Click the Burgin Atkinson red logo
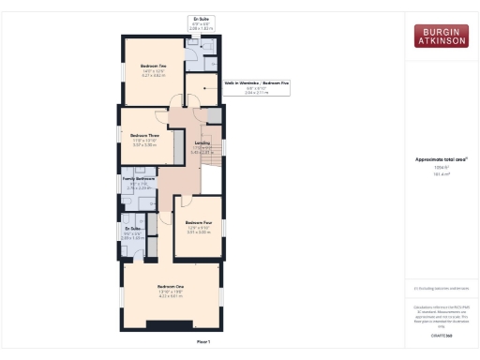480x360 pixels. point(442,36)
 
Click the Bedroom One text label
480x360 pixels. point(170,285)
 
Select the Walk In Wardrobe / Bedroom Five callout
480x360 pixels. point(255,83)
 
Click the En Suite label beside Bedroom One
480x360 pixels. point(133,229)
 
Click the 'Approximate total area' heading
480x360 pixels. point(441,159)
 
